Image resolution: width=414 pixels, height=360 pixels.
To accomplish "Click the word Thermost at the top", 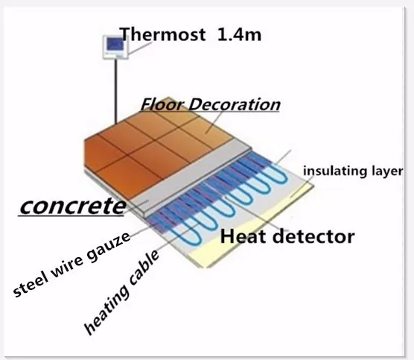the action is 162,34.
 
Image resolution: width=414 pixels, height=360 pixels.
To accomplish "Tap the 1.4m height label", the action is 239,34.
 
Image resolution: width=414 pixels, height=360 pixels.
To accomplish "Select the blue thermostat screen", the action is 115,45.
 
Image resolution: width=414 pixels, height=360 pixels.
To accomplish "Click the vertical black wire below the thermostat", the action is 115,92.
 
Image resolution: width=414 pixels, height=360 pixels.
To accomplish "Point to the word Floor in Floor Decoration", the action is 162,104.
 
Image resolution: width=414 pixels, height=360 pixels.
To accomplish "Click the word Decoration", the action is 235,104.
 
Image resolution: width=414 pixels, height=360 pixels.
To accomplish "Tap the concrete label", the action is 73,206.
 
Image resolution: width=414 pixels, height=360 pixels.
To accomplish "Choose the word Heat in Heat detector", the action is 243,236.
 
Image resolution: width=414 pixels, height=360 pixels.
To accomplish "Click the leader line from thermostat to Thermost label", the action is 141,48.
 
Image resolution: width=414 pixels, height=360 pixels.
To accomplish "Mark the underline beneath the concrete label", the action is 71,216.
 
